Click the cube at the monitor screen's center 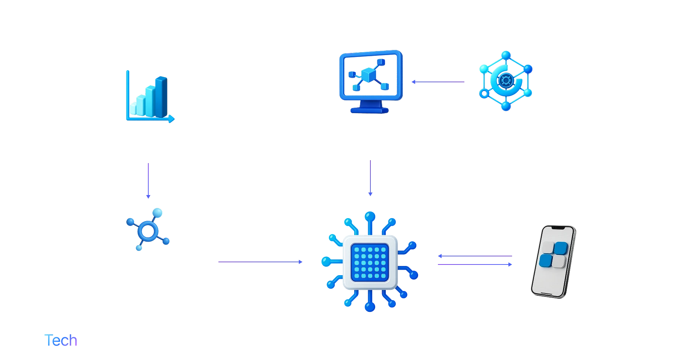pyautogui.click(x=367, y=76)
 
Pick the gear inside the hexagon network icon pyautogui.click(x=505, y=80)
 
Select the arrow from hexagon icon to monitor pyautogui.click(x=439, y=82)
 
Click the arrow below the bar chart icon pyautogui.click(x=148, y=180)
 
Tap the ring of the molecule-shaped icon pyautogui.click(x=147, y=230)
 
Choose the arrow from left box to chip pyautogui.click(x=260, y=262)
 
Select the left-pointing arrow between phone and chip pyautogui.click(x=475, y=256)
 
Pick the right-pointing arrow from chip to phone pyautogui.click(x=475, y=264)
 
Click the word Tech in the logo pyautogui.click(x=62, y=340)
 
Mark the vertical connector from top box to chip pyautogui.click(x=371, y=177)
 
